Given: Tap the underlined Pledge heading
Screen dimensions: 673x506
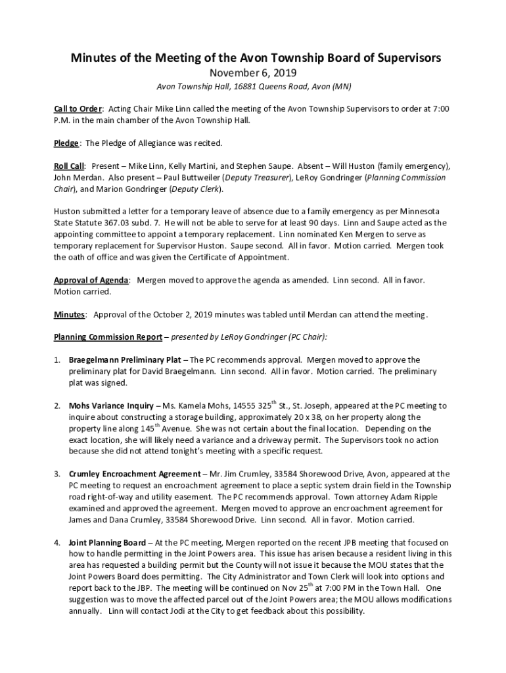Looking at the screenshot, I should pyautogui.click(x=67, y=143).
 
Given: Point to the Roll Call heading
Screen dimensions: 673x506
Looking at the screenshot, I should pyautogui.click(x=70, y=166).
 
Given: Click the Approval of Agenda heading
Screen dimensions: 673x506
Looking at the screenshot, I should pyautogui.click(x=91, y=280).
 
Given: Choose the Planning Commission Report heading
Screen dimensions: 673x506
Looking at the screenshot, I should pyautogui.click(x=108, y=337).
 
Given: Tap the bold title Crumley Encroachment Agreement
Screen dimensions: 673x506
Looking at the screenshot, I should pyautogui.click(x=135, y=474).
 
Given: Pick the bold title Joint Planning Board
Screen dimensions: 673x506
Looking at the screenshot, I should pyautogui.click(x=107, y=542).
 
